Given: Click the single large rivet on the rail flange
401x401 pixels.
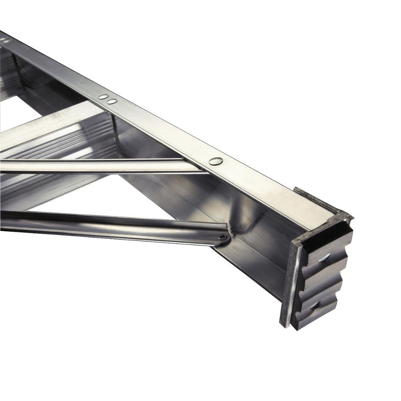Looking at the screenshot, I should click(216, 161).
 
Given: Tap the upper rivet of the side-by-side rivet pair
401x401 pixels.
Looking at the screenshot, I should click(103, 97).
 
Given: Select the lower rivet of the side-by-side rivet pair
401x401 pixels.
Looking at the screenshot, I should click(112, 101).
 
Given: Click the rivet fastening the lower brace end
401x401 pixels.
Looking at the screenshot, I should click(221, 238).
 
